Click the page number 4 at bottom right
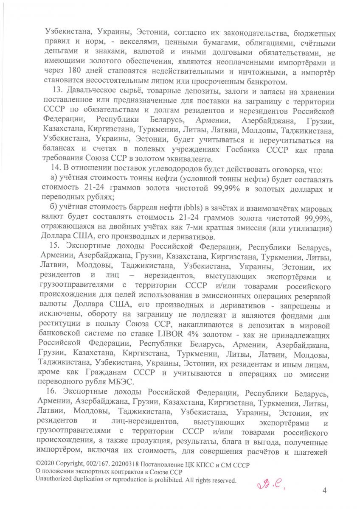[324, 491]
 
